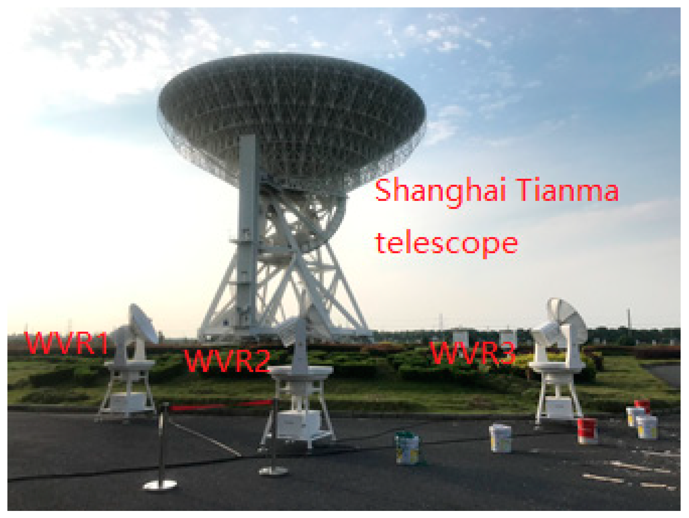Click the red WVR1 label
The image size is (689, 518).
coord(67,343)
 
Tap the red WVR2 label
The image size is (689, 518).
coord(228,361)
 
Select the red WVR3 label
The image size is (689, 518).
coord(473,353)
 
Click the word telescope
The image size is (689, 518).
coord(447,244)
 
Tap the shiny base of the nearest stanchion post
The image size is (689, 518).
coord(160,484)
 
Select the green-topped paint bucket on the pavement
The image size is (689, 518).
coord(408,448)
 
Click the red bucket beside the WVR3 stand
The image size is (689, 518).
coord(587,430)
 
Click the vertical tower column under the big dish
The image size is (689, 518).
coord(247,232)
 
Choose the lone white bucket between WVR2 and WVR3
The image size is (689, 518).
coord(500,438)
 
